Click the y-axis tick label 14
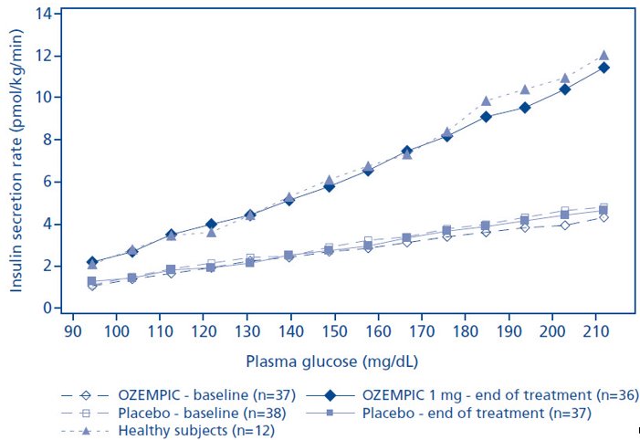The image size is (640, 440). [43, 14]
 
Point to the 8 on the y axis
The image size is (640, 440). [47, 140]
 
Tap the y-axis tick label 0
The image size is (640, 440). [47, 308]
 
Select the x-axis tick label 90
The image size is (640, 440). [73, 330]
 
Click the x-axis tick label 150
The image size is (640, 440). [335, 330]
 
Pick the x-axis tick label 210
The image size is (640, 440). [596, 330]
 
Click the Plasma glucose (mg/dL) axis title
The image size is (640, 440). [331, 361]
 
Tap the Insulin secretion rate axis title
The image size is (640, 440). [16, 161]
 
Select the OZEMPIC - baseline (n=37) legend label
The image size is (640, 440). [206, 395]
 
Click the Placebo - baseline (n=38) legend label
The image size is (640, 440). [202, 413]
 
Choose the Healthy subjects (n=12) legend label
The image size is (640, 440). [196, 431]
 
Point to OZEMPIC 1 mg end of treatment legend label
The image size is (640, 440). [500, 395]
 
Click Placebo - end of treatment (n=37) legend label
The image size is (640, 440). [477, 413]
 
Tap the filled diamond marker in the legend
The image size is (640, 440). [330, 395]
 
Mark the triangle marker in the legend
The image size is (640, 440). [85, 431]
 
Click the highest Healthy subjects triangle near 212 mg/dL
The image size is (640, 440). [604, 56]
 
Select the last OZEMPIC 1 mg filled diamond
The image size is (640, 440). [604, 68]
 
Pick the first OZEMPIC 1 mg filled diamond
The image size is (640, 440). [92, 262]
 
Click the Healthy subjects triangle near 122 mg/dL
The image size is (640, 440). [211, 233]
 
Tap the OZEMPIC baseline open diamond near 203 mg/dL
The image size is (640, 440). [565, 225]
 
